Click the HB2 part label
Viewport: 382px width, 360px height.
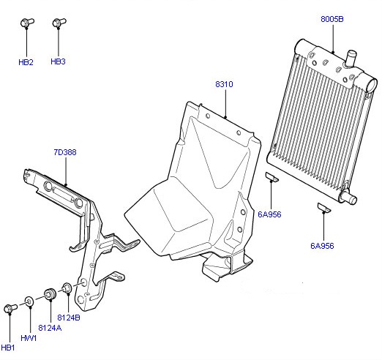(x=26, y=62)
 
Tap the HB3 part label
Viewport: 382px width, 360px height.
(x=58, y=61)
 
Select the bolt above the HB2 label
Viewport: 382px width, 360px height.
(x=27, y=23)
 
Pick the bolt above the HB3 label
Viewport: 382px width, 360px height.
(x=59, y=23)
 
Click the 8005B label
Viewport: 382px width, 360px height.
(x=332, y=19)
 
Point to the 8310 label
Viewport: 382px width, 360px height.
(x=224, y=84)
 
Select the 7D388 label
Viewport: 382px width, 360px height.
(x=65, y=152)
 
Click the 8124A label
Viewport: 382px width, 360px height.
(x=50, y=328)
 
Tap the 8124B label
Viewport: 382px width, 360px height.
(x=69, y=318)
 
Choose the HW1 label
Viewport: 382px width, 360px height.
(x=29, y=338)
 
